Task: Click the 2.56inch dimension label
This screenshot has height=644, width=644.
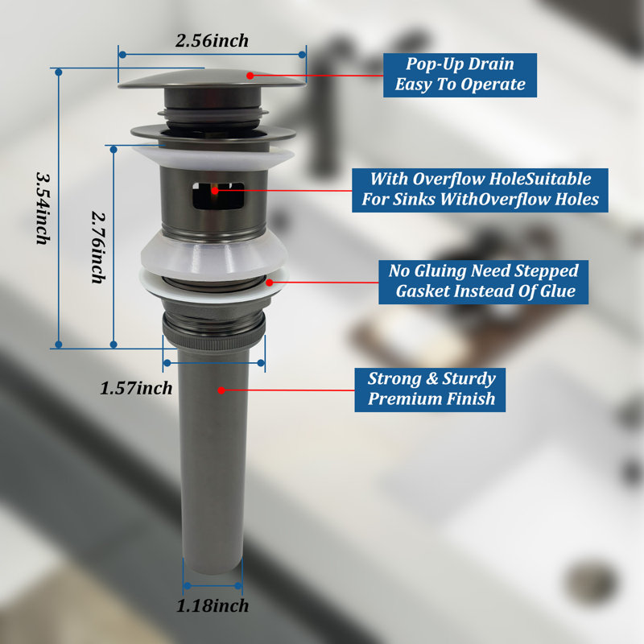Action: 212,41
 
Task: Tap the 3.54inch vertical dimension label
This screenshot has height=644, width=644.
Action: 43,208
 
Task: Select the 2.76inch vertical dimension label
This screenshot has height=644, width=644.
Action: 98,247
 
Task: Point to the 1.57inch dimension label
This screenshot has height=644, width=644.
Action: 136,388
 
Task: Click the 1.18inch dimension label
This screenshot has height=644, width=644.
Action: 213,606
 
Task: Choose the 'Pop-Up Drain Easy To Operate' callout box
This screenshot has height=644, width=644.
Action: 460,75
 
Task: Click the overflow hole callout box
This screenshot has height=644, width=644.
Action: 480,190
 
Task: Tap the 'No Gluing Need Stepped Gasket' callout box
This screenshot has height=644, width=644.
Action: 484,282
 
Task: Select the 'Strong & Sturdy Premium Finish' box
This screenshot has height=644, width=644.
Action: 430,390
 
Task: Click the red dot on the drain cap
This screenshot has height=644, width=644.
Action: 250,76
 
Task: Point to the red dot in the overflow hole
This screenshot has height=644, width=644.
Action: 214,191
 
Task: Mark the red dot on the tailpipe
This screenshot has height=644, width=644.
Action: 221,390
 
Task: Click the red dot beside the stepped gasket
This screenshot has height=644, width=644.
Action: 270,283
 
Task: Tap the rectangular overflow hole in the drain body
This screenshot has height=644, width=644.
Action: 218,195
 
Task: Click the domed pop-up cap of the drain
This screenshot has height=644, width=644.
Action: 212,79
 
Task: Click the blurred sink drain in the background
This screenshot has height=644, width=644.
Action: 592,582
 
